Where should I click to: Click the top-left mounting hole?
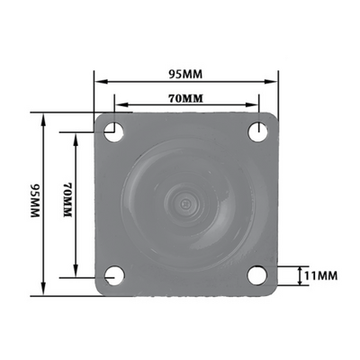[113, 132]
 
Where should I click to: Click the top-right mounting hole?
[258, 131]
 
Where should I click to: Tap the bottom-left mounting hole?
[114, 275]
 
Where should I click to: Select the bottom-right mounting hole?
[257, 275]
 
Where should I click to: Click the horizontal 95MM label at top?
[185, 74]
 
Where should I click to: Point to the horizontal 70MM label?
[185, 98]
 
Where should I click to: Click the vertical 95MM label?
[35, 200]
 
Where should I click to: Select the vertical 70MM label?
[67, 200]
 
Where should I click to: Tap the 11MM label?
[320, 275]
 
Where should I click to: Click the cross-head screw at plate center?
[185, 204]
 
